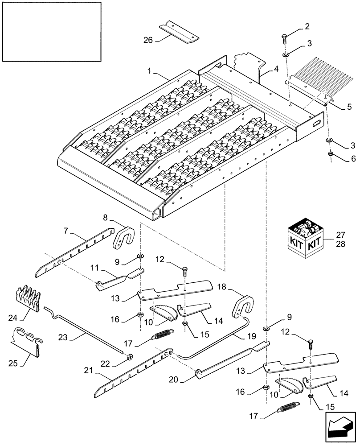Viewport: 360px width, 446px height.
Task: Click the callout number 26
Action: [x=147, y=40]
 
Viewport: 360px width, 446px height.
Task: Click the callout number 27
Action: [x=340, y=235]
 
